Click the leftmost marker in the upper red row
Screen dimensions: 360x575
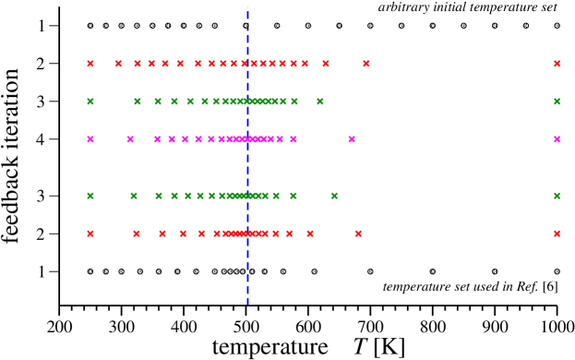click(90, 64)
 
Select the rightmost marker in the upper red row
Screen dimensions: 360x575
click(557, 64)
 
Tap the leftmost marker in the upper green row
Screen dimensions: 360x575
click(90, 102)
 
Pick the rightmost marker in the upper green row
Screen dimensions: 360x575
click(557, 102)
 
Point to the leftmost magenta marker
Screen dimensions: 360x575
click(90, 139)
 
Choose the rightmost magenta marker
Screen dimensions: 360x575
click(557, 139)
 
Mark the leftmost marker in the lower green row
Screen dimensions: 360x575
click(90, 196)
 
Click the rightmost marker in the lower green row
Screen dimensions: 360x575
click(557, 196)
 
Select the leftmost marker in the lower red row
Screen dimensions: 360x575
click(90, 234)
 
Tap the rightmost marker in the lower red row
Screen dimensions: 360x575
click(557, 234)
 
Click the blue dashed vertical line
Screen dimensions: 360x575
click(247, 166)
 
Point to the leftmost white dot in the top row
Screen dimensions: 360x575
click(90, 26)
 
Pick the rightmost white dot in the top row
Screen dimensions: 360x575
click(557, 26)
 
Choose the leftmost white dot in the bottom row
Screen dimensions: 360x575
click(90, 271)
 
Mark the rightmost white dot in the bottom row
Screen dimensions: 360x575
click(557, 271)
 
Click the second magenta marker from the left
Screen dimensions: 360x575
click(130, 139)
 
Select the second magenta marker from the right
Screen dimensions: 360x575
click(352, 139)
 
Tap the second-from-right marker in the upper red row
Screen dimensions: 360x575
click(366, 64)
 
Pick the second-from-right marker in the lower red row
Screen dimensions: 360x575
click(358, 234)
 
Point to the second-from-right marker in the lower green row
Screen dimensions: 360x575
click(334, 196)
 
